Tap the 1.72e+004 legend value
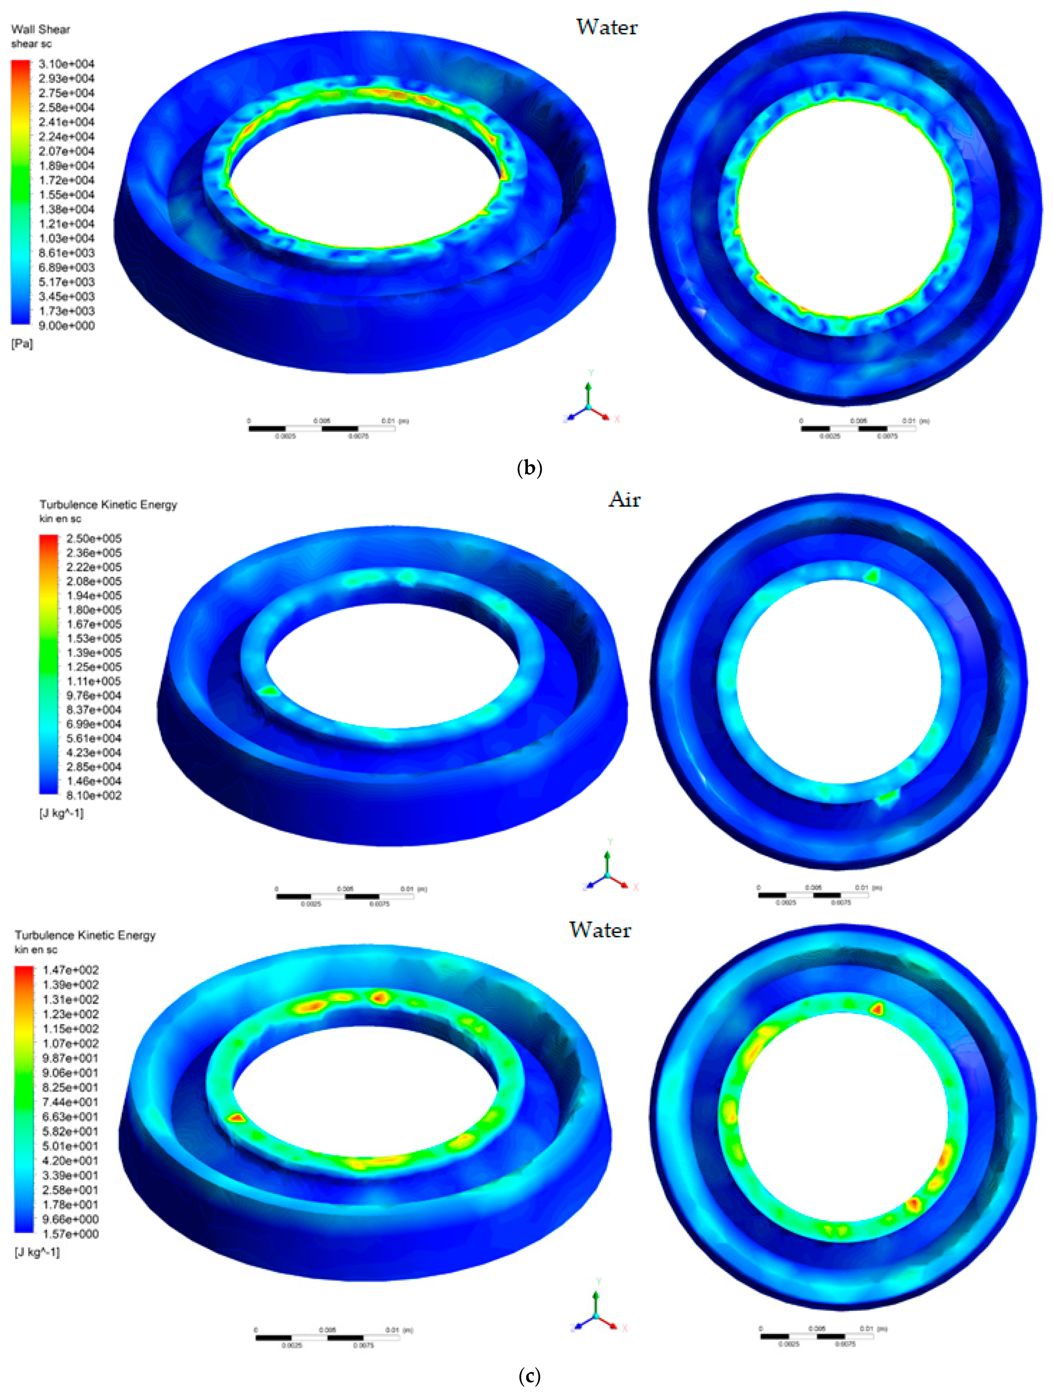tap(66, 180)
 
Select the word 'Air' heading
tap(624, 500)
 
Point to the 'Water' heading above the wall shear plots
tap(607, 27)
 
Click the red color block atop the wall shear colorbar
tap(20, 65)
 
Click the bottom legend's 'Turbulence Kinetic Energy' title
tap(85, 935)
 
